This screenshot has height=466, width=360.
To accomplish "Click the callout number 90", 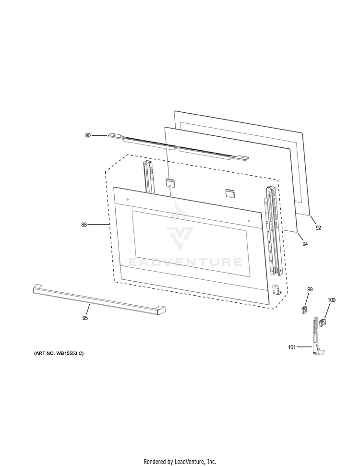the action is click(88, 135).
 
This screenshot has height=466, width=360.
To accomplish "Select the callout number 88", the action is click(84, 225).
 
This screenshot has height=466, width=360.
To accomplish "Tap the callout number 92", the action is click(318, 228).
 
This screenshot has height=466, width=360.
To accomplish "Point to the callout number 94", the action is click(305, 244).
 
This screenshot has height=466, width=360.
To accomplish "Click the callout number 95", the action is click(85, 318).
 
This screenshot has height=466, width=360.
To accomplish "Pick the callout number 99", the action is click(310, 289).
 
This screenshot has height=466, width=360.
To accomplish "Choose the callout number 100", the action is click(332, 300).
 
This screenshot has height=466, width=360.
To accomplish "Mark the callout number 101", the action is click(292, 347).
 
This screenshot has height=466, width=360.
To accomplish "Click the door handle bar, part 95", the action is click(99, 299).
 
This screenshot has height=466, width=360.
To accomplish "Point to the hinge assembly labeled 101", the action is click(317, 336).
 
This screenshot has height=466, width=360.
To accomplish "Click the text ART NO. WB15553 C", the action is click(59, 353).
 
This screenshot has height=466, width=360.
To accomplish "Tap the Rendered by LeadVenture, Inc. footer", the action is click(180, 462).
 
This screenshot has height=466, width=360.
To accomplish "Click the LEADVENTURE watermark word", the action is click(180, 262).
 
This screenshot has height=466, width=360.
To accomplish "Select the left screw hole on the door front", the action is click(128, 199).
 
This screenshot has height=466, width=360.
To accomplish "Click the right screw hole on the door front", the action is click(249, 220).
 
